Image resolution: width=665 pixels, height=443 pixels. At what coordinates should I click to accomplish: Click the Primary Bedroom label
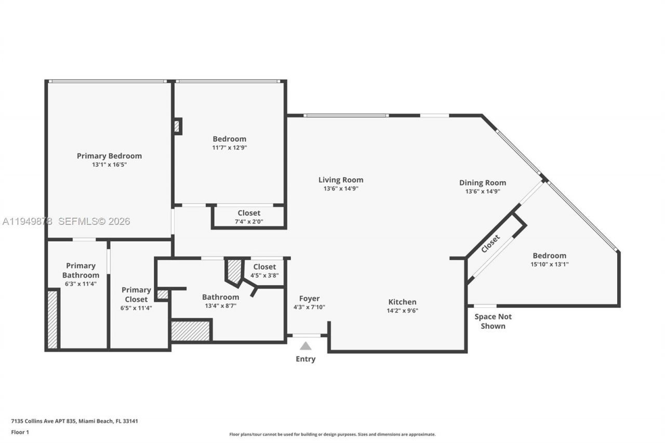point(109,156)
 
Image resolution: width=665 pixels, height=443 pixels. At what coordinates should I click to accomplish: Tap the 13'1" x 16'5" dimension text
point(109,165)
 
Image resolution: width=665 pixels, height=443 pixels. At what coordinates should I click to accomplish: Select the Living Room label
point(341,180)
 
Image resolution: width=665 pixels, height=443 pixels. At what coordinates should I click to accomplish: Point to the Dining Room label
point(482,183)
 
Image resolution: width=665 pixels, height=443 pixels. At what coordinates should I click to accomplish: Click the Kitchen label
point(402,302)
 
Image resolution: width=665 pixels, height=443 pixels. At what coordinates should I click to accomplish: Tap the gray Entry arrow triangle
point(305,346)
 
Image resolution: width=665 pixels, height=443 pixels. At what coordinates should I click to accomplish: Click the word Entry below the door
point(305,359)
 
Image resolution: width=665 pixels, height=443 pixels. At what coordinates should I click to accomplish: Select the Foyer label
point(309,299)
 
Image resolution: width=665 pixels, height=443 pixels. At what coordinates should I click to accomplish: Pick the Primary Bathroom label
point(81,271)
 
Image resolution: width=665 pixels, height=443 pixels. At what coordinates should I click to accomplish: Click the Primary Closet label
point(136,294)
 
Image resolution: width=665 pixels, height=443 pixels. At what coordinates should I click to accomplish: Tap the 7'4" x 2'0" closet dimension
point(249,221)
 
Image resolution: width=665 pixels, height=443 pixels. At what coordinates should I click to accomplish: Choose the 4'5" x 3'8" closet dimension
point(264,275)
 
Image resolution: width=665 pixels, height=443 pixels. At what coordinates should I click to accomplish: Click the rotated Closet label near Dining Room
point(490,244)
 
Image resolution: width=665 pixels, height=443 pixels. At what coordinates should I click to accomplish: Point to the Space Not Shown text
point(493,321)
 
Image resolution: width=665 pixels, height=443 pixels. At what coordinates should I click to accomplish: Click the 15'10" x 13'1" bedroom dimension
point(549,264)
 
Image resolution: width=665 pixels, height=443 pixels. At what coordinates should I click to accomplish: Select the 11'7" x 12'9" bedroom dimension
point(229,147)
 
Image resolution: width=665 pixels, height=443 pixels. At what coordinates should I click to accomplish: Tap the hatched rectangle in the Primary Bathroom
point(52,319)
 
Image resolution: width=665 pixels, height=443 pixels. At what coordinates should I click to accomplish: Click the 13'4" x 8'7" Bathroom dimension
point(220,306)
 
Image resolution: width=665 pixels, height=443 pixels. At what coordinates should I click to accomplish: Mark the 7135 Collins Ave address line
point(74,421)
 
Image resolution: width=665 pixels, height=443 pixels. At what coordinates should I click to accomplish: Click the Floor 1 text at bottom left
point(20,432)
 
